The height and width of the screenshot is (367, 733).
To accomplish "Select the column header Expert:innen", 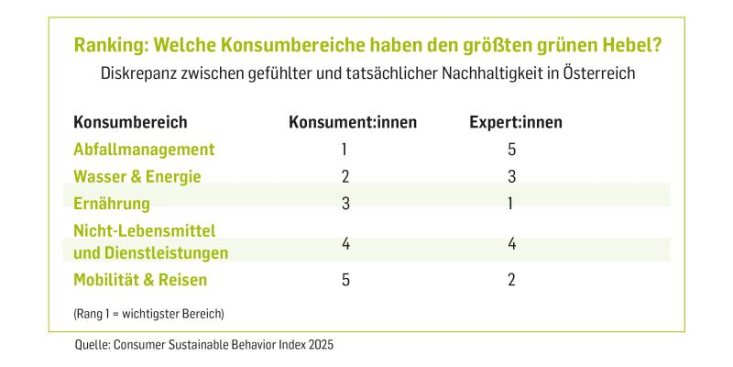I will (x=510, y=122).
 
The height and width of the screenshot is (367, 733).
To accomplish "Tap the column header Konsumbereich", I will (x=130, y=122).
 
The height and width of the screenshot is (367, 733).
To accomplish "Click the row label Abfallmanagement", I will (x=144, y=149).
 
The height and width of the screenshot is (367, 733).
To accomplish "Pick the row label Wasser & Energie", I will (x=137, y=176).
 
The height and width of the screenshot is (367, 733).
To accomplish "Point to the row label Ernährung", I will (x=111, y=203).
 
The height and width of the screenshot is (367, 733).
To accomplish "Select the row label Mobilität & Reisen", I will (x=140, y=280).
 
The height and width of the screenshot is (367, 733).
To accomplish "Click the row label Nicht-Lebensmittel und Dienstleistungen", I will (x=150, y=240).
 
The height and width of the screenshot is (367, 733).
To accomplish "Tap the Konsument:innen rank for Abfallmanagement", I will (x=345, y=150).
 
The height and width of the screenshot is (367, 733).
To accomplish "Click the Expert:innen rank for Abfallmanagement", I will (x=511, y=150).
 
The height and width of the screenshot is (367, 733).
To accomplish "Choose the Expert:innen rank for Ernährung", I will (x=511, y=204).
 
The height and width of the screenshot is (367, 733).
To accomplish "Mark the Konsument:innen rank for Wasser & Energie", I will (x=345, y=176).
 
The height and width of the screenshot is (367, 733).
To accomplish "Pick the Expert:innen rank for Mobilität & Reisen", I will (x=511, y=281).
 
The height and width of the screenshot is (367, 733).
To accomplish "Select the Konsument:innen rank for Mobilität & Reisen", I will (x=345, y=281).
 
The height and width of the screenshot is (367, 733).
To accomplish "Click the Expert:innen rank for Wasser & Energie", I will (x=511, y=176).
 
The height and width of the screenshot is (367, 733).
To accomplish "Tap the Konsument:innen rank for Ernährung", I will (x=345, y=204).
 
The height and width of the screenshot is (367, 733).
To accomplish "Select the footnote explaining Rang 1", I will (x=148, y=314).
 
